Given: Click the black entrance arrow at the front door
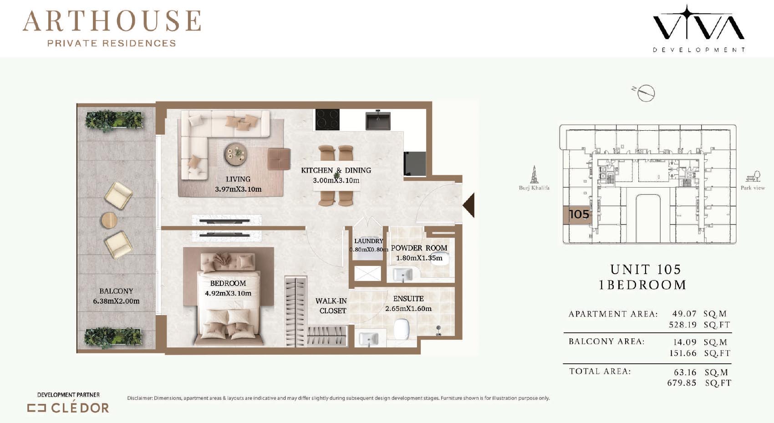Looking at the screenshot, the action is coord(469,205).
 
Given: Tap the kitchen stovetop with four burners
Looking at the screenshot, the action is coord(327,120).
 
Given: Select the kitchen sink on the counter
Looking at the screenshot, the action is coord(378,120).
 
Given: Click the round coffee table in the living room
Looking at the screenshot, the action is coord(236,154).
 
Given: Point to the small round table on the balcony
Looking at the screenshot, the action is coord(109,220).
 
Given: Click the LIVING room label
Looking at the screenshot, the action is coord(238,179).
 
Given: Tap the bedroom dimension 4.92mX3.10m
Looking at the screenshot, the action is coord(228,293).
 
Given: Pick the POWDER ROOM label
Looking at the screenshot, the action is coord(419,248).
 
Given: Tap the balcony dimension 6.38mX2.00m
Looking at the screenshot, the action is coord(116,301).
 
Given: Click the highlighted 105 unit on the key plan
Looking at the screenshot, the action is coord(577,214).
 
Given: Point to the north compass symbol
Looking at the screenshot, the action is coord(645,93).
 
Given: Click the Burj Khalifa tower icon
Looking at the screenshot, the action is coord(534,174).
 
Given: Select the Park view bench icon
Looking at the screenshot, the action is coord(753,176).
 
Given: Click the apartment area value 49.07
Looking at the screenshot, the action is coord(684,313).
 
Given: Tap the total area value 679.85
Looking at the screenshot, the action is coord(682,383).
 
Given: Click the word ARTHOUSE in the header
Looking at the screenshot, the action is coord(112,21).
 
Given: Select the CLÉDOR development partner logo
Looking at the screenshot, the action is coord(68,408).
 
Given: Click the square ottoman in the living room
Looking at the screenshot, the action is coord(279,158).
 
